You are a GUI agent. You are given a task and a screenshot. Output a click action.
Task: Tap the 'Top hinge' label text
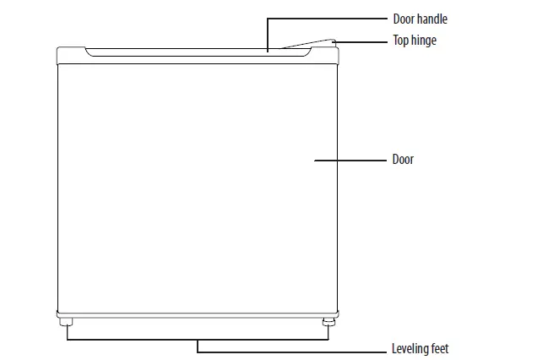point(415,40)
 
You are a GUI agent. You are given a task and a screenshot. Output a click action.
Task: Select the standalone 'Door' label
point(403,159)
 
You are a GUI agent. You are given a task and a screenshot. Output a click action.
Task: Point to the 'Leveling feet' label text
point(420,348)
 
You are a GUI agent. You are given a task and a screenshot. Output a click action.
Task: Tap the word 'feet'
point(440,348)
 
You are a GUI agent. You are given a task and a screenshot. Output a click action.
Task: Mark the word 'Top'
point(400,40)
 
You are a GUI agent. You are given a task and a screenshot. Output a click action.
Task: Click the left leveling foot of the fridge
point(65,322)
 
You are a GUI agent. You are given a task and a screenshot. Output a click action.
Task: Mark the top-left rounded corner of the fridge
point(60,51)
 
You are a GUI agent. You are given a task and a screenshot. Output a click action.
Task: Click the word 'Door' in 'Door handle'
point(404,19)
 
